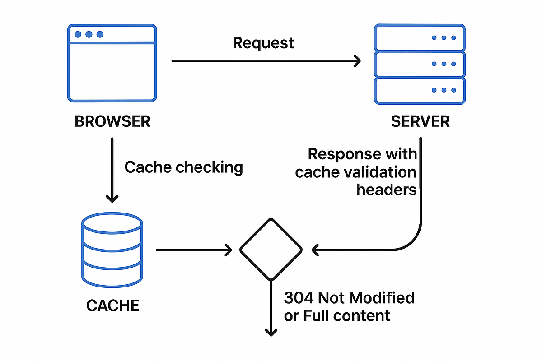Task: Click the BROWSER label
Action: pyautogui.click(x=112, y=121)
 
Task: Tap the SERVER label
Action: pyautogui.click(x=421, y=121)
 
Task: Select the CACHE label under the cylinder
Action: pyautogui.click(x=113, y=305)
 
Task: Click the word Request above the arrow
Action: pyautogui.click(x=263, y=43)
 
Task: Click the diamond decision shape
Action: pyautogui.click(x=271, y=250)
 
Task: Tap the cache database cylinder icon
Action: pyautogui.click(x=112, y=250)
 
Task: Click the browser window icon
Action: pyautogui.click(x=112, y=63)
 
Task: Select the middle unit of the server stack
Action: pyautogui.click(x=420, y=64)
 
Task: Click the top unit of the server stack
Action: pyautogui.click(x=420, y=37)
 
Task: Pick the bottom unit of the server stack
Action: pyautogui.click(x=420, y=91)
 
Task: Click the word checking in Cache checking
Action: pyautogui.click(x=209, y=167)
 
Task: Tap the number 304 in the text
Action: pyautogui.click(x=299, y=298)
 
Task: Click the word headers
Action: pyautogui.click(x=387, y=190)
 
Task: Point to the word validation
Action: pyautogui.click(x=380, y=172)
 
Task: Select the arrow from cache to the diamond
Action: pyautogui.click(x=194, y=250)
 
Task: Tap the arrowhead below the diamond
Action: pyautogui.click(x=271, y=333)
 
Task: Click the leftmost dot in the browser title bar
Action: pyautogui.click(x=78, y=34)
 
